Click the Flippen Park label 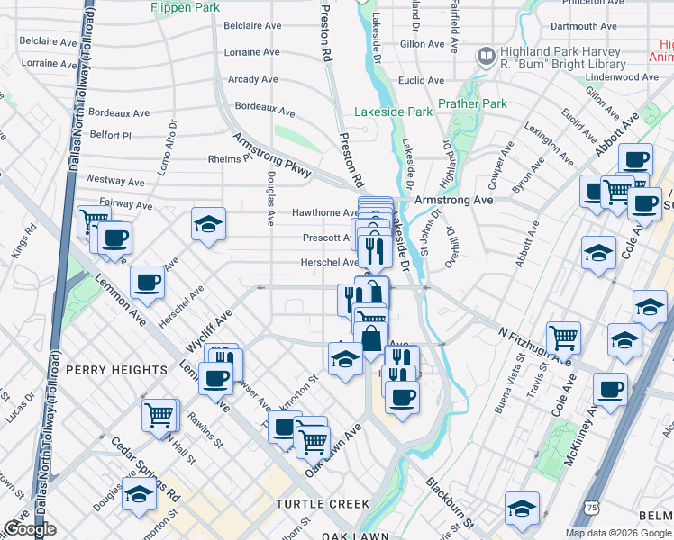coord(186,7)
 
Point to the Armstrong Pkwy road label coord(272,155)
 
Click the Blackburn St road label coord(450,502)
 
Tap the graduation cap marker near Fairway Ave coord(208,225)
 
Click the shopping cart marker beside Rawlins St coord(159,416)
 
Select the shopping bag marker coord(371,340)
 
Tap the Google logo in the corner coord(29,529)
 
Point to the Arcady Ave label coord(253,79)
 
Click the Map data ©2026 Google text coord(617,533)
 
